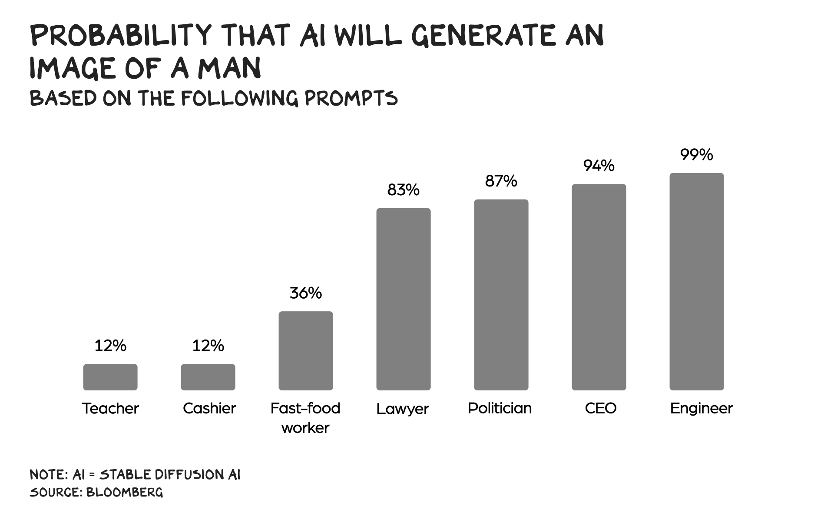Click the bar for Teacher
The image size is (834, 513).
tap(110, 377)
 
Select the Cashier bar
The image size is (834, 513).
tap(208, 377)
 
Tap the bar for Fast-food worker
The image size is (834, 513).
tap(306, 350)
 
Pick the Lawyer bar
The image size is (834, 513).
tap(404, 299)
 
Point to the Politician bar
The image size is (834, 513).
tap(501, 295)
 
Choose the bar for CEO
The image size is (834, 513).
tap(599, 287)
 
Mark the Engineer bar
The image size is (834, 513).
tap(697, 282)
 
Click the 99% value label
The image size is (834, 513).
tap(697, 155)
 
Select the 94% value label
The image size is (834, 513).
tap(599, 166)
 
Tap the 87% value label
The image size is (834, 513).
tap(501, 181)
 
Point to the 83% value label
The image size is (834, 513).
tap(404, 190)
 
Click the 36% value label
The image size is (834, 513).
tap(306, 293)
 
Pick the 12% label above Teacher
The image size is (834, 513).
tap(110, 346)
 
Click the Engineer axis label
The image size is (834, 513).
tap(701, 409)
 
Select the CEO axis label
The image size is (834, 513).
tap(601, 408)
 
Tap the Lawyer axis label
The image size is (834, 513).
tap(403, 409)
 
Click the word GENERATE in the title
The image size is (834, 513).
tap(484, 36)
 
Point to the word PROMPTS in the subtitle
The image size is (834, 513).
tap(351, 99)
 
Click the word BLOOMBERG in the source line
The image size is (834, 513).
tap(124, 492)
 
